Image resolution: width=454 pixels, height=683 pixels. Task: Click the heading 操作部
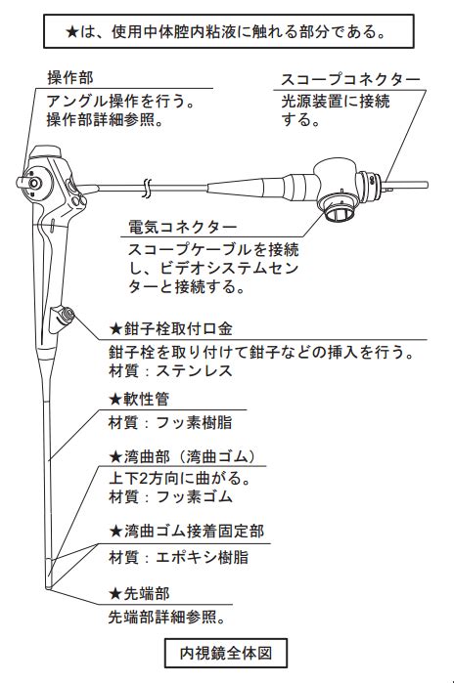coord(70,78)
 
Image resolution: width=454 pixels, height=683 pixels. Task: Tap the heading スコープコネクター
coord(350,79)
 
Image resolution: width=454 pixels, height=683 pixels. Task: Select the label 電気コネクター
coord(183,227)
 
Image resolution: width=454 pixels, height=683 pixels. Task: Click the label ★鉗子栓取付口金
coord(170,329)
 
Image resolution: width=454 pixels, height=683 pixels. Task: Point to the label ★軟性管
coord(139,399)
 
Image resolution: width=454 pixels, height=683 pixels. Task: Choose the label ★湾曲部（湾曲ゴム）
coord(183,456)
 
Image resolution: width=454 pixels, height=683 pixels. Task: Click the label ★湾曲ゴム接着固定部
coord(186,532)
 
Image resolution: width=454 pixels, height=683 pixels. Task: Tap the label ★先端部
coord(139,594)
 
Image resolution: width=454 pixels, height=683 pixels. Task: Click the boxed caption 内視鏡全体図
coord(226,653)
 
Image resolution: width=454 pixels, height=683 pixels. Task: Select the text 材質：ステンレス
coord(170,370)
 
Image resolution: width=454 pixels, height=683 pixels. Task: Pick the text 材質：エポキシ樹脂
coord(178,557)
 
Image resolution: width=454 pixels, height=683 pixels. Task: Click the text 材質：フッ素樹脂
coord(170,422)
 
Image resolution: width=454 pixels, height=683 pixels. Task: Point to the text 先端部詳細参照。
coord(167,618)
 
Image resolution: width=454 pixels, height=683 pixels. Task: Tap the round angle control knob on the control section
coord(33,184)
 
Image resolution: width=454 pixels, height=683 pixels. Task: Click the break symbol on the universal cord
coord(146,188)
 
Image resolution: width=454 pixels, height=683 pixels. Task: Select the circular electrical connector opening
coord(340,212)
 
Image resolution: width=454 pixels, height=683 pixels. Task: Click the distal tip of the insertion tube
coord(48,587)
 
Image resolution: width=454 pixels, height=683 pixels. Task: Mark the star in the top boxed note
coord(72,32)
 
